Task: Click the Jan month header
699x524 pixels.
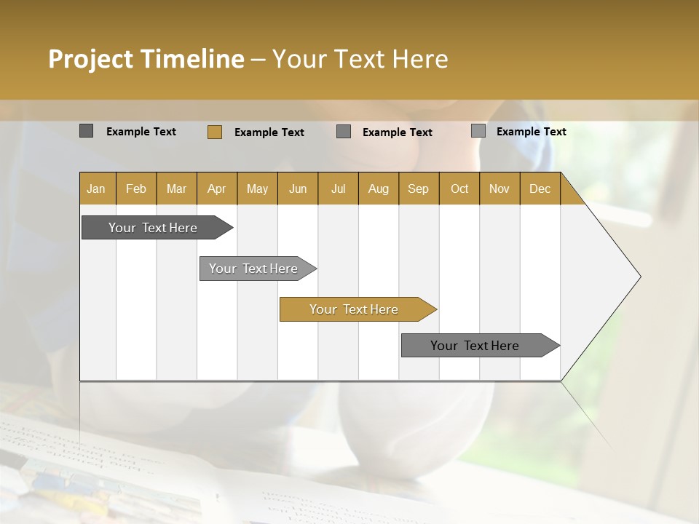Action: pyautogui.click(x=96, y=188)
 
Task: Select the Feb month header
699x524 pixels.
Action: pyautogui.click(x=136, y=188)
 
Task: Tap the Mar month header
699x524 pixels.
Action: pyautogui.click(x=176, y=188)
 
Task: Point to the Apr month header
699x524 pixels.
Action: pyautogui.click(x=217, y=188)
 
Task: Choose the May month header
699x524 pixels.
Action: pyautogui.click(x=257, y=188)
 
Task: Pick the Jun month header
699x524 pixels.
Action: pyautogui.click(x=298, y=188)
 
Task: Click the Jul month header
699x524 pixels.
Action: pyautogui.click(x=338, y=188)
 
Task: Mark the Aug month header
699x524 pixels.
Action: pyautogui.click(x=379, y=188)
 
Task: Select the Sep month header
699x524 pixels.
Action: pyautogui.click(x=419, y=188)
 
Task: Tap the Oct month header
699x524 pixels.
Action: pyautogui.click(x=459, y=188)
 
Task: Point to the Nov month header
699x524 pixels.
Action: pyautogui.click(x=499, y=188)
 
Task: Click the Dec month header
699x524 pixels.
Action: pyautogui.click(x=540, y=188)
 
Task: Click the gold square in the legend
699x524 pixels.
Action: pyautogui.click(x=215, y=132)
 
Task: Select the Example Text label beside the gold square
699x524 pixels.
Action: pyautogui.click(x=269, y=132)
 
